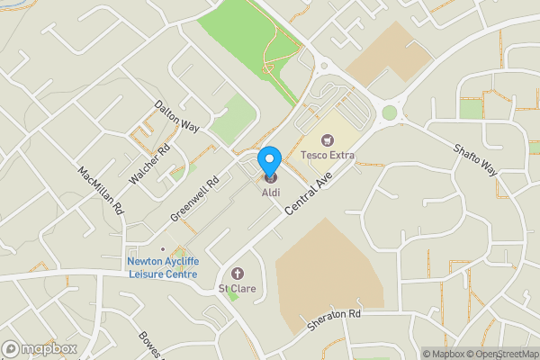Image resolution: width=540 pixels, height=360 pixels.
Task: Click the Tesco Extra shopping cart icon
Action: pyautogui.click(x=328, y=139)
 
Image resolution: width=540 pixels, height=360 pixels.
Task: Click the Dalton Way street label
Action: pyautogui.click(x=176, y=117)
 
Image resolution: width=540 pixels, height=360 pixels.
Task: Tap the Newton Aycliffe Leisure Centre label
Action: pyautogui.click(x=162, y=269)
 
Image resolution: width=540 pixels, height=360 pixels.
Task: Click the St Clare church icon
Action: pyautogui.click(x=238, y=274)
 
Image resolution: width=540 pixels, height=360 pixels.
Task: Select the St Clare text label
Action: pyautogui.click(x=238, y=289)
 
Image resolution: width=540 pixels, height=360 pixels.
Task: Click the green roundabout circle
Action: pyautogui.click(x=390, y=112)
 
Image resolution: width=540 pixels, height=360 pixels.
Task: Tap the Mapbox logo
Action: pyautogui.click(x=40, y=348)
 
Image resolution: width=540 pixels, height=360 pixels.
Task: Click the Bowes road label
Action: pyautogui.click(x=148, y=343)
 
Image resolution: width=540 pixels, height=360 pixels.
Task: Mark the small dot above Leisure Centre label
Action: pyautogui.click(x=162, y=249)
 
